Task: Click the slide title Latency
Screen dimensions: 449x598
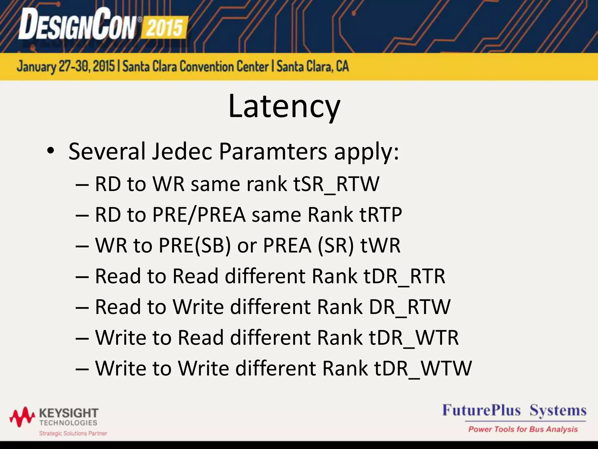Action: point(284,106)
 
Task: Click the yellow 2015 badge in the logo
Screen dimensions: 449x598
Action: point(164,28)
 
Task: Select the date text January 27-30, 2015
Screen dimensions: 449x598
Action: point(66,66)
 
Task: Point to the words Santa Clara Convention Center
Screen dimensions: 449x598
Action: point(195,66)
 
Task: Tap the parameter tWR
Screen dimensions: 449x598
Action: point(380,246)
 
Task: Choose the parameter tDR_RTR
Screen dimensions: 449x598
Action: point(404,276)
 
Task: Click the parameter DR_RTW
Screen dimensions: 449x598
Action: point(410,307)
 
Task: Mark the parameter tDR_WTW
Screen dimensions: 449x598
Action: point(423,368)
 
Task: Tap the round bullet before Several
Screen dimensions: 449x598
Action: point(51,151)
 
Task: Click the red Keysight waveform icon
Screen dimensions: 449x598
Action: point(22,417)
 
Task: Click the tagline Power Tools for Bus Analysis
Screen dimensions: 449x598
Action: point(523,429)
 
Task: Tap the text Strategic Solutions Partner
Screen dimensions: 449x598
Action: point(73,433)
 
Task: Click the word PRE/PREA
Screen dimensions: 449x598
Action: point(199,215)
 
